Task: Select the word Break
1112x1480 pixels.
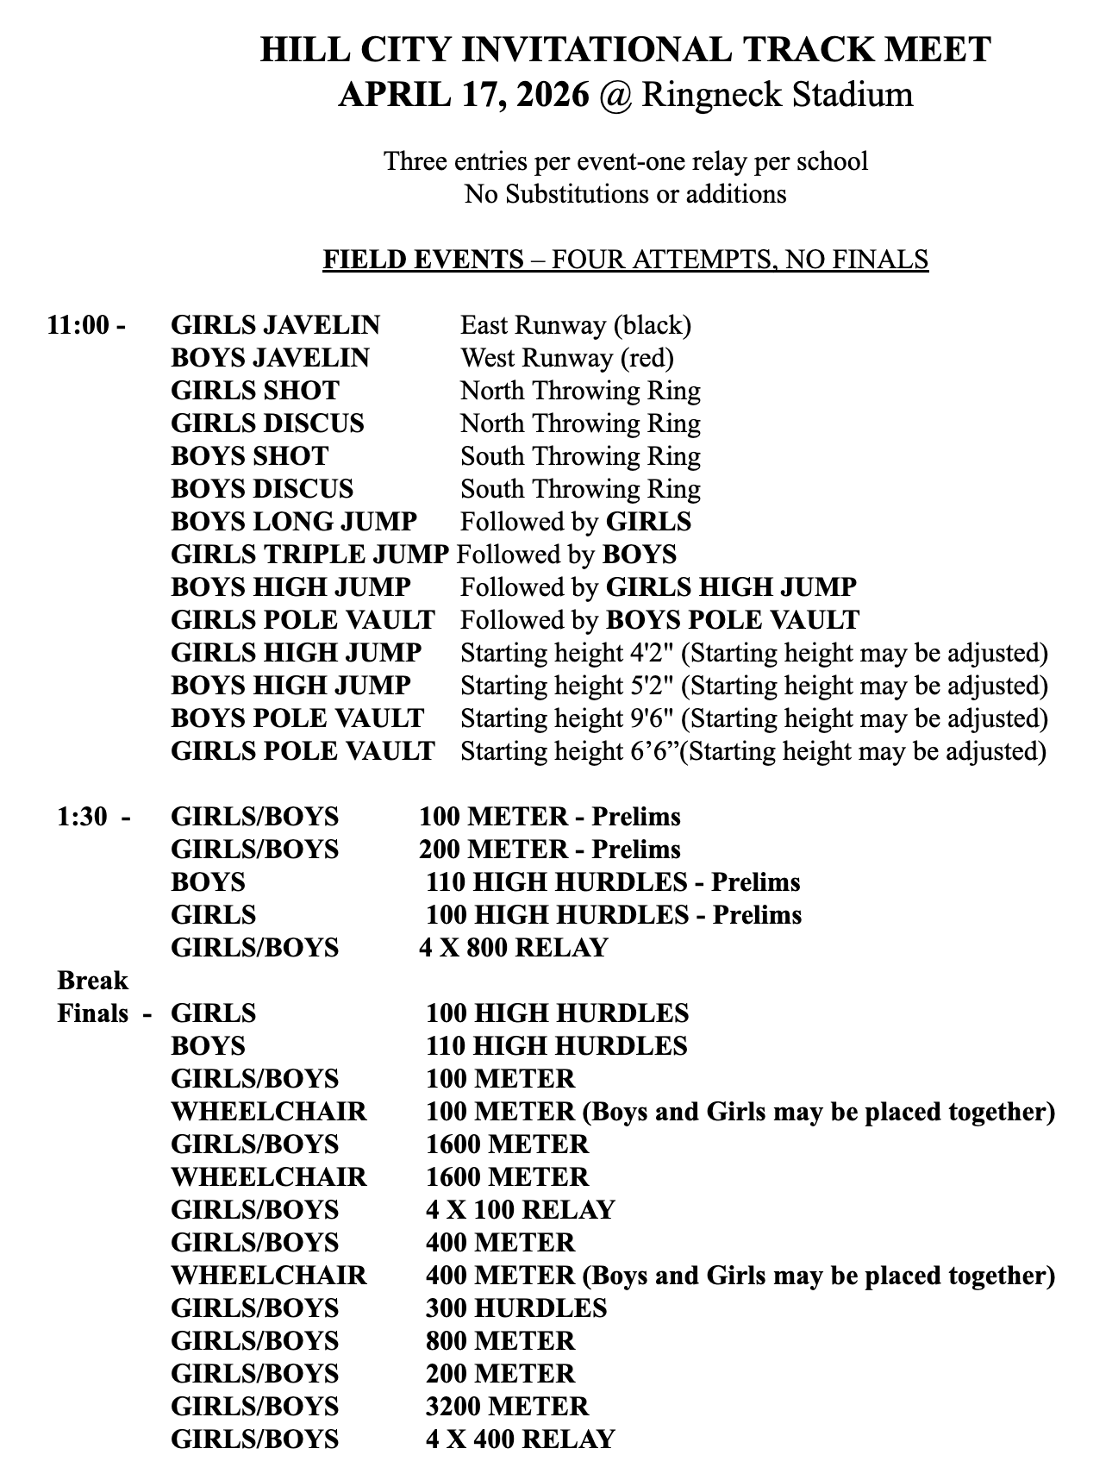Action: [92, 981]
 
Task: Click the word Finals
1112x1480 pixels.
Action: [93, 1013]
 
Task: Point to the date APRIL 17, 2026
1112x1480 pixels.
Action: [464, 94]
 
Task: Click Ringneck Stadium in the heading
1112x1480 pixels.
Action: [777, 94]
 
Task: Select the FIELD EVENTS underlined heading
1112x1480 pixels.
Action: [423, 260]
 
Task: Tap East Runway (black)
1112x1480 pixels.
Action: [576, 325]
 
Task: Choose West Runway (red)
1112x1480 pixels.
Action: [567, 358]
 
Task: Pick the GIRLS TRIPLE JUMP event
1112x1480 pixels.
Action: [309, 555]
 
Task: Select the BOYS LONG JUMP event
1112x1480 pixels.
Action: [294, 522]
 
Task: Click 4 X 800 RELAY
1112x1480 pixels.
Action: [514, 948]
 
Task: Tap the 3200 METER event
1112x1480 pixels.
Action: [507, 1407]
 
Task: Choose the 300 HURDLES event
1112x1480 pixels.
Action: [516, 1308]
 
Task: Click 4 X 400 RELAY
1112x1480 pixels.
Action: [520, 1439]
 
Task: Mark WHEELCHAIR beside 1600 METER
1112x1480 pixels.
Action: [269, 1177]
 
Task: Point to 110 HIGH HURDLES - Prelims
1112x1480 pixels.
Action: [613, 882]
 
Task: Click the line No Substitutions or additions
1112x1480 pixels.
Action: [626, 194]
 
